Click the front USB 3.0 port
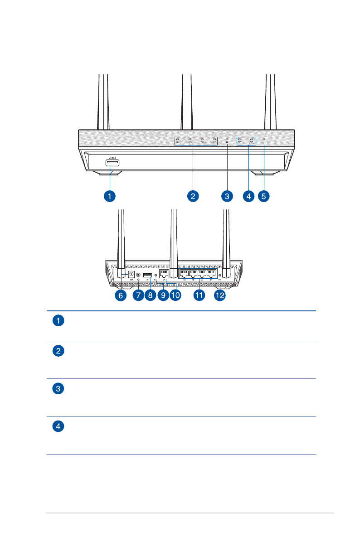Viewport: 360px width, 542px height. tap(112, 163)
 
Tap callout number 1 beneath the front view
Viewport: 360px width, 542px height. tap(109, 196)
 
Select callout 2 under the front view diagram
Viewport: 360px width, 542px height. tap(193, 196)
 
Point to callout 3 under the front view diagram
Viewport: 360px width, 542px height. tap(227, 196)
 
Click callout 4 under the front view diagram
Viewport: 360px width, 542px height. tap(248, 196)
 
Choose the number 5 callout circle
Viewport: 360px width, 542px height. tap(264, 196)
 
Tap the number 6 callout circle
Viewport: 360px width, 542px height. tap(121, 295)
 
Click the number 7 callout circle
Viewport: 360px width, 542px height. tap(138, 295)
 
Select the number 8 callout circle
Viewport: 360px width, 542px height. tap(151, 295)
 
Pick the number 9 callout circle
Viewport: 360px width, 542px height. tap(163, 295)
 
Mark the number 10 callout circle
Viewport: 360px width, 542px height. tap(175, 295)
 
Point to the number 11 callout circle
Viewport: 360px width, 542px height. tap(199, 295)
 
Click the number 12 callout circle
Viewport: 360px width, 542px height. tap(220, 295)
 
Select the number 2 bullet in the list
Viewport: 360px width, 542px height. tap(58, 351)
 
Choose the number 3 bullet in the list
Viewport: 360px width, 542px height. tap(58, 389)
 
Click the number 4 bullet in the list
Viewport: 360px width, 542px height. tap(58, 426)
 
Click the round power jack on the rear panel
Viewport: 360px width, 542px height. tap(132, 274)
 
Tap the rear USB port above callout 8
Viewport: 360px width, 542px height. tap(147, 275)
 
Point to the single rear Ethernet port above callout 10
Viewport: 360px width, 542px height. tap(165, 274)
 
